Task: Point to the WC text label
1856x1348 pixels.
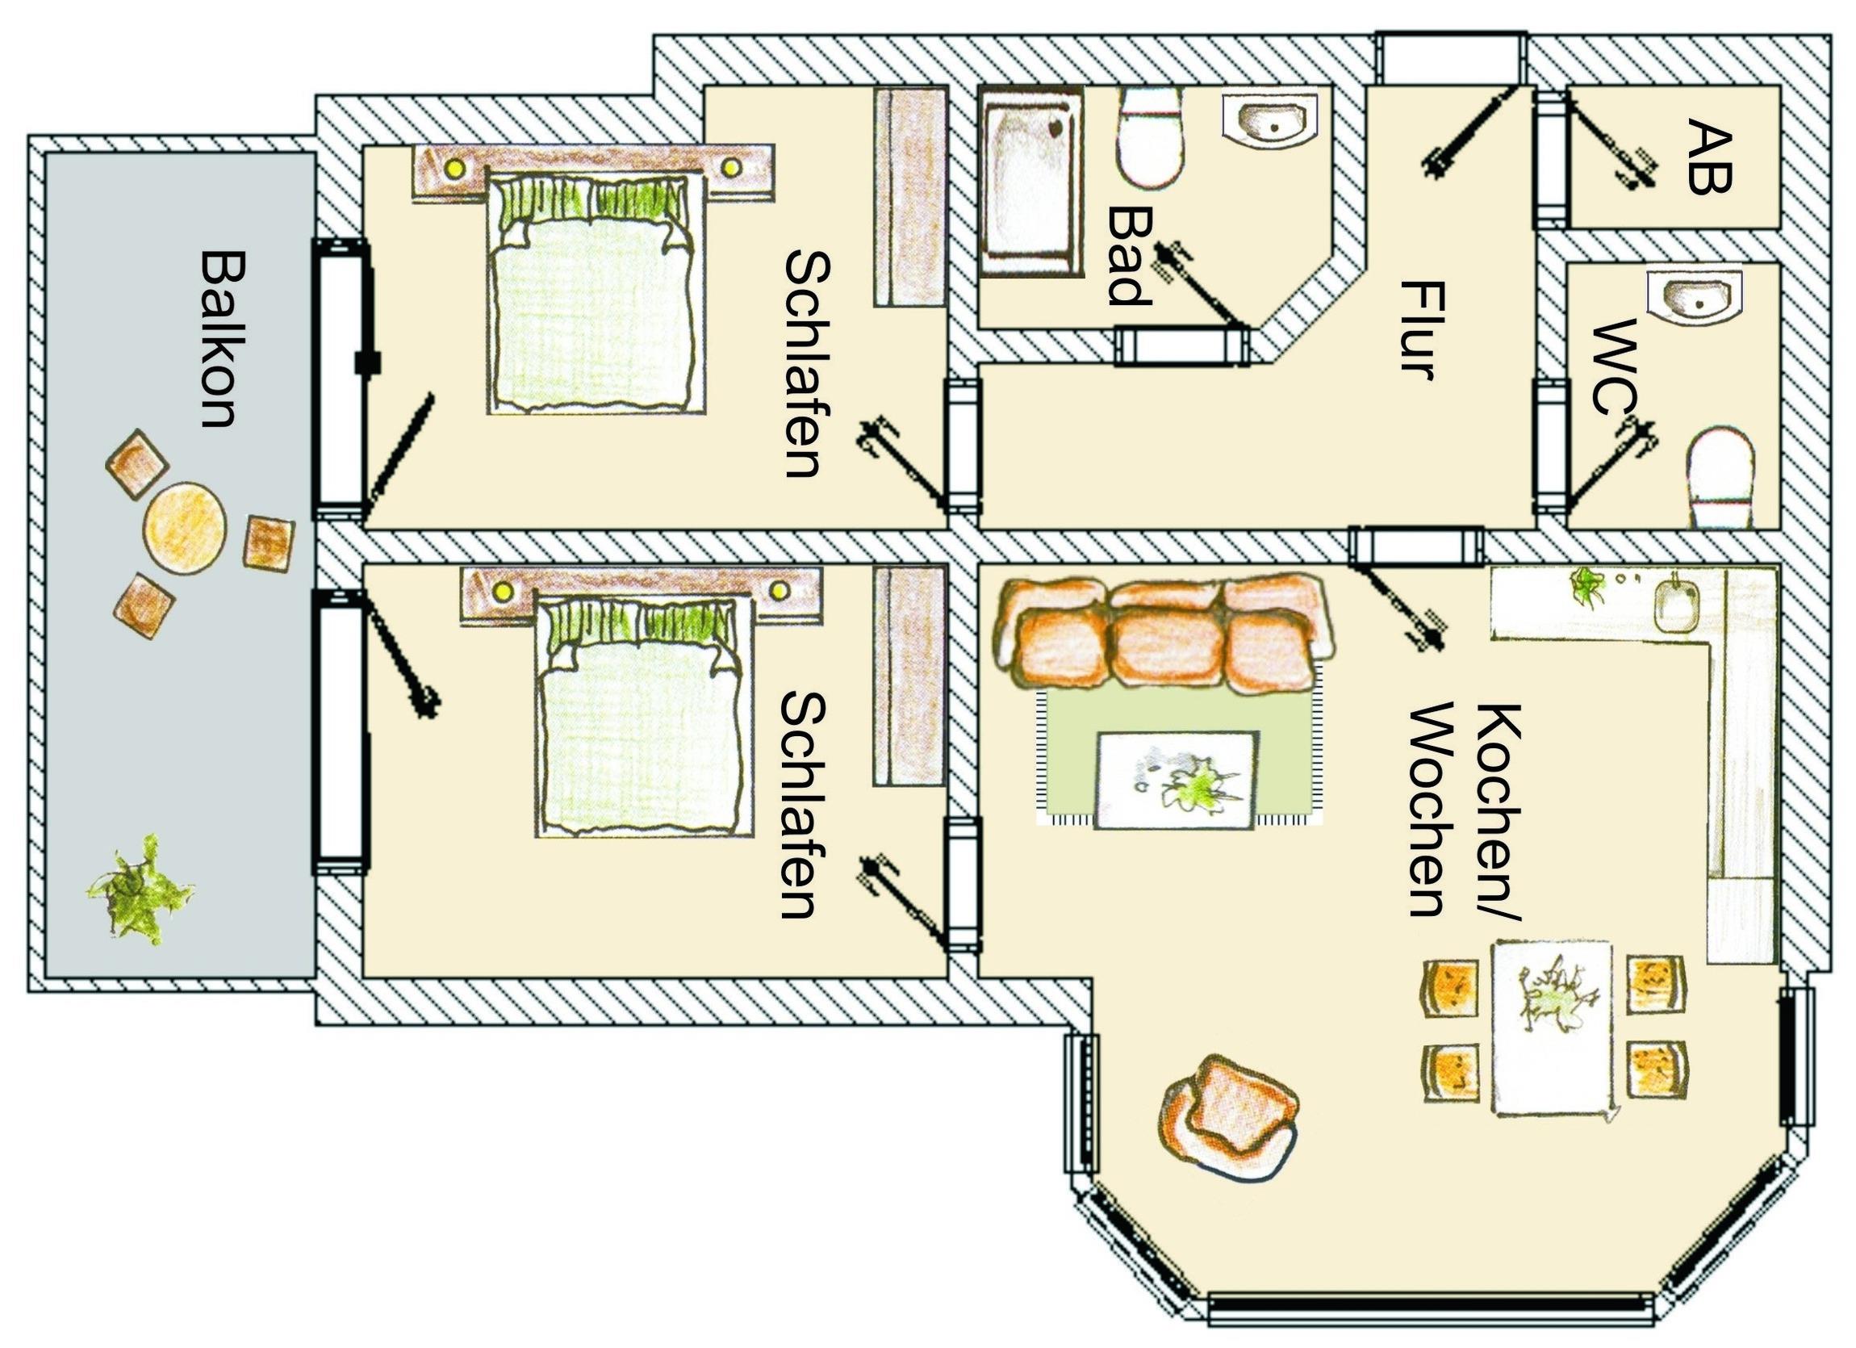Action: tap(1616, 367)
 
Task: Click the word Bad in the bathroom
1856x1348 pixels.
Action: tap(1130, 254)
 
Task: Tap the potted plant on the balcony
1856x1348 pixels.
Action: tap(139, 890)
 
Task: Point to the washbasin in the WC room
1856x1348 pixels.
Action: tap(1693, 294)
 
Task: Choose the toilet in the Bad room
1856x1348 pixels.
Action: tap(1151, 136)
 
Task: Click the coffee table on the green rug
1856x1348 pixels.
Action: tap(1176, 780)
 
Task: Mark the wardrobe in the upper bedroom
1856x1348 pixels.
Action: tap(911, 196)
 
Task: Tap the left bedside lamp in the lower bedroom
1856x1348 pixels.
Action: tap(503, 589)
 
